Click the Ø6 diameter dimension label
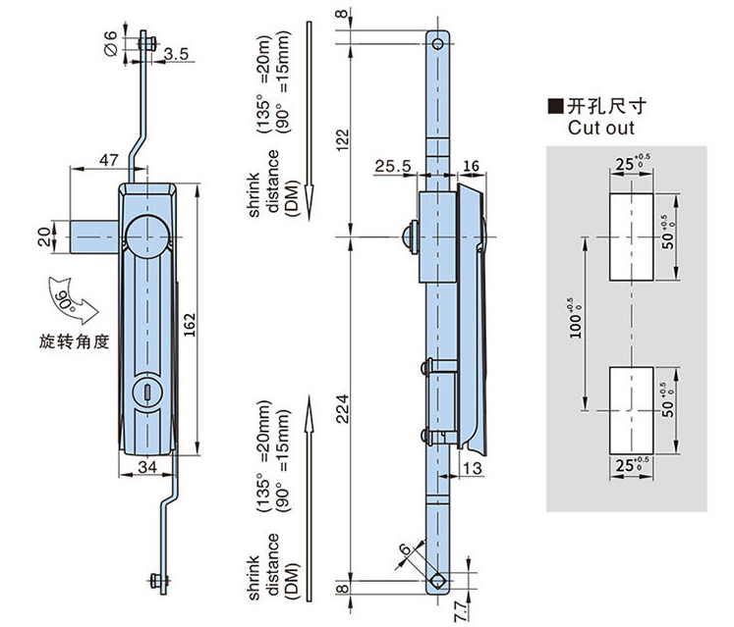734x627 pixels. tap(110, 43)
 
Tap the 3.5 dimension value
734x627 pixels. tap(176, 54)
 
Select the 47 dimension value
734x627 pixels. tap(109, 160)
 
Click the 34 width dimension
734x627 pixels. tap(147, 467)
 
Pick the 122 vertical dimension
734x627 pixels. tap(343, 139)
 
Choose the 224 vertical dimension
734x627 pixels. tap(343, 408)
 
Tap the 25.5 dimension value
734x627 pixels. tap(393, 166)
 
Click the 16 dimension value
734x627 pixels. tap(471, 166)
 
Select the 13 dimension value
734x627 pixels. tap(472, 468)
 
